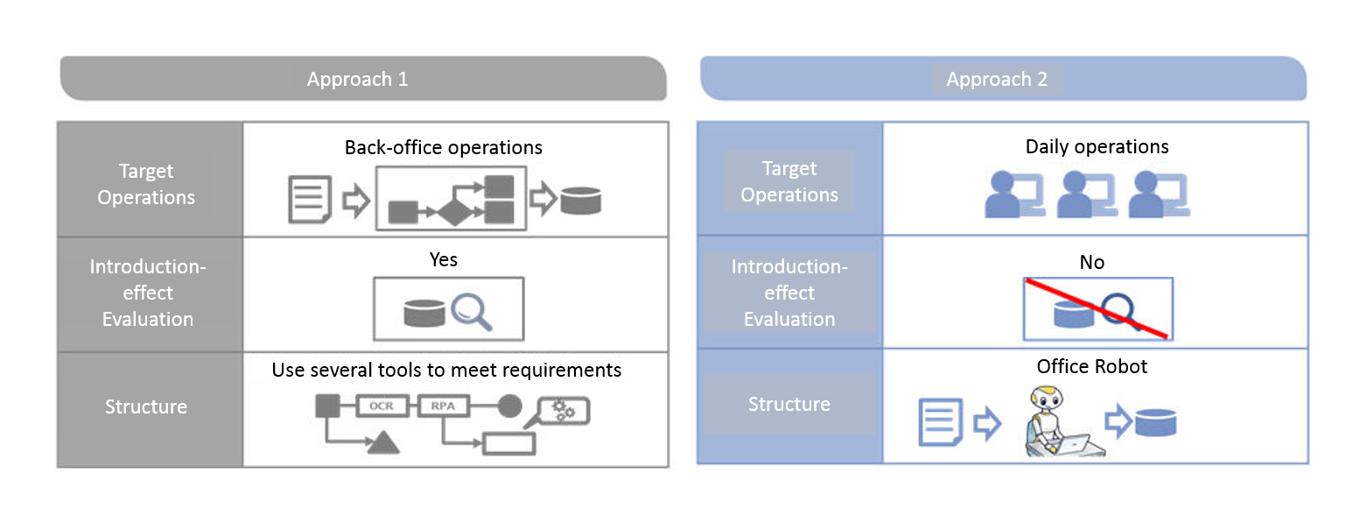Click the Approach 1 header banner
363,79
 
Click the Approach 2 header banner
1003,79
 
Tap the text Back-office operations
443,147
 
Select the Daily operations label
1097,146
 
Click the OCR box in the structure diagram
382,406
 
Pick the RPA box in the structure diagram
443,406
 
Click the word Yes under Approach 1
443,259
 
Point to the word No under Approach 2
1092,262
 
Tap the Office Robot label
1092,366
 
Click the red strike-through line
1097,308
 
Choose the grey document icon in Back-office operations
310,199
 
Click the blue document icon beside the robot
941,421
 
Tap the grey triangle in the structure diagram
383,442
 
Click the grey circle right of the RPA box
509,406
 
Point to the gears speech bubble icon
562,412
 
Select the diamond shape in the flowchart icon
455,213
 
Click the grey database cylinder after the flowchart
581,201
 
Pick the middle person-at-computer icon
1087,194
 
